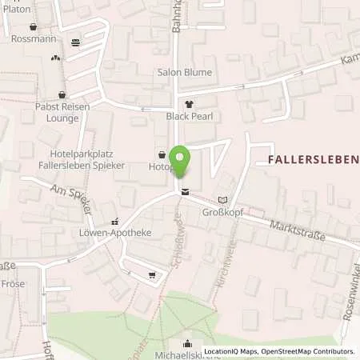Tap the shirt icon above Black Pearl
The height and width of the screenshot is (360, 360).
(189, 104)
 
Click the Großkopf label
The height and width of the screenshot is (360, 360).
(222, 214)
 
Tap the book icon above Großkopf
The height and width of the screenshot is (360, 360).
(222, 200)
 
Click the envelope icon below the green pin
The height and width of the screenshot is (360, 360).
(186, 191)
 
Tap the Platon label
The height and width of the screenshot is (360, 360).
(15, 8)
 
